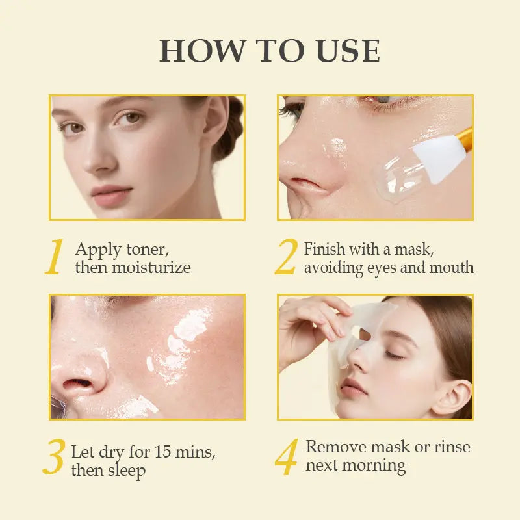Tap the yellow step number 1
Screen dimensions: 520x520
point(55,256)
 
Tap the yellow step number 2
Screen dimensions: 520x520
point(286,256)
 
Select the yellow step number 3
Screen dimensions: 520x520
point(54,456)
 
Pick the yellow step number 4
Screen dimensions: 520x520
point(286,456)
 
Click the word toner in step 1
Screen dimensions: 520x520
point(148,250)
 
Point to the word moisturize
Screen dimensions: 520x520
point(151,268)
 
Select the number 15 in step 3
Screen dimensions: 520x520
point(162,451)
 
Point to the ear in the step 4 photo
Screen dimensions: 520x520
point(452,398)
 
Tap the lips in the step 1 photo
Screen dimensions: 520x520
point(111,196)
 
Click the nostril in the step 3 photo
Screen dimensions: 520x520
point(77,383)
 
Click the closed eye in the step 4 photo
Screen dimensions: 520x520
point(395,355)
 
